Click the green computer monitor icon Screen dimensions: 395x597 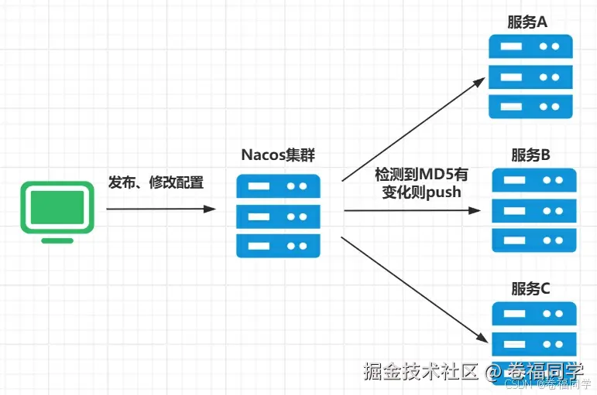tap(57, 208)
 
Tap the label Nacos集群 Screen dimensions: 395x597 tap(278, 155)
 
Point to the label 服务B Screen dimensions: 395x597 tap(530, 155)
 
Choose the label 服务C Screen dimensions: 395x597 tap(530, 288)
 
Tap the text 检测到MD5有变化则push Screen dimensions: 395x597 tap(421, 183)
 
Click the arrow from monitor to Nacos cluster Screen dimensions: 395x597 tap(160, 209)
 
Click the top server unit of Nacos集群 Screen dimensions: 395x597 tap(277, 186)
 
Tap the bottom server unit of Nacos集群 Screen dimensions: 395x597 tap(277, 245)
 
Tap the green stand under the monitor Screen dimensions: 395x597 tap(57, 240)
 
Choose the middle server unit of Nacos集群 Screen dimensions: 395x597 tap(277, 216)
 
